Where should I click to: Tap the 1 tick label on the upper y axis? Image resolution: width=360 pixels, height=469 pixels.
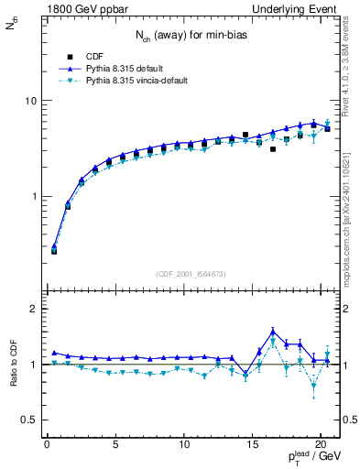point(30,197)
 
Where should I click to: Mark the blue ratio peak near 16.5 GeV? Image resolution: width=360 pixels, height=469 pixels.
point(273,331)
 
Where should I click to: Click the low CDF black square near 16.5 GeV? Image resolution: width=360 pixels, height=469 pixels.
point(273,148)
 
